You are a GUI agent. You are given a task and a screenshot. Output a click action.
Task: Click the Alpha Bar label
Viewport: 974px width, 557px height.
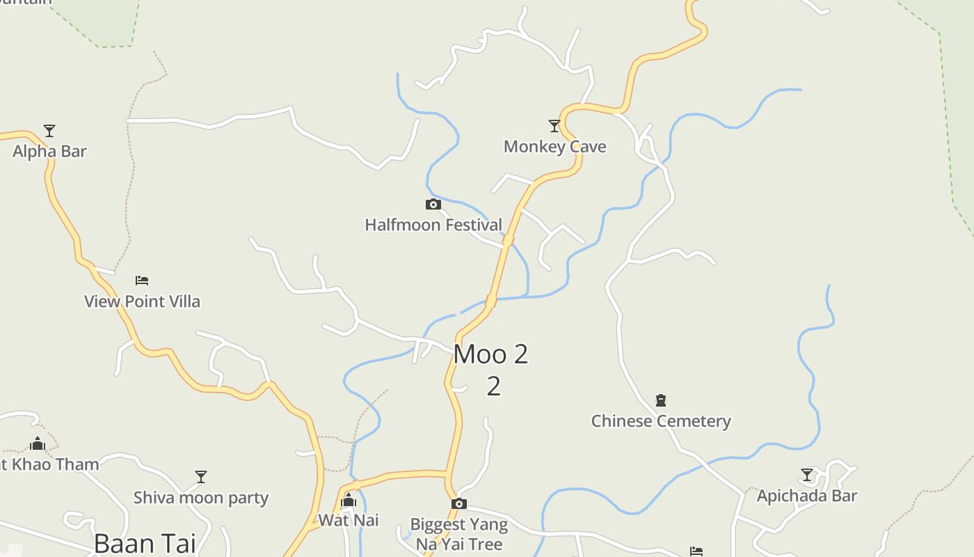click(49, 151)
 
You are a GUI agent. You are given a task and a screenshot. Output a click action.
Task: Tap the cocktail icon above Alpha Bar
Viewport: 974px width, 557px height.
click(49, 131)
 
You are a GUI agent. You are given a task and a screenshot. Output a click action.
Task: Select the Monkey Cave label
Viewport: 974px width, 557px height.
click(554, 147)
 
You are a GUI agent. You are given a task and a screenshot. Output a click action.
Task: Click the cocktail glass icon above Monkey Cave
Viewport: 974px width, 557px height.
click(554, 126)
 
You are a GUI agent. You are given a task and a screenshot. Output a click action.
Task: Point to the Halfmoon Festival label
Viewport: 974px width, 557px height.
click(433, 225)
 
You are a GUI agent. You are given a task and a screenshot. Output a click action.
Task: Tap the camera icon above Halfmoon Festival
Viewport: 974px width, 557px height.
click(433, 205)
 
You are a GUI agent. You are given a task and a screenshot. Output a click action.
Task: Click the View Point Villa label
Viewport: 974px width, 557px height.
click(142, 301)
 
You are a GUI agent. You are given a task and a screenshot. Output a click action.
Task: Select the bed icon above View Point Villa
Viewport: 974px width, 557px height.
click(142, 281)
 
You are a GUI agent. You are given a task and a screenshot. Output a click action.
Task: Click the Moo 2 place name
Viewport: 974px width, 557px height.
click(491, 354)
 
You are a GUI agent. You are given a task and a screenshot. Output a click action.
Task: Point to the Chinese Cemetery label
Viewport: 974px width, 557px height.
click(661, 421)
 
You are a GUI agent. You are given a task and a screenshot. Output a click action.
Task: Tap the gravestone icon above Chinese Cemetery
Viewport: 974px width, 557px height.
click(661, 400)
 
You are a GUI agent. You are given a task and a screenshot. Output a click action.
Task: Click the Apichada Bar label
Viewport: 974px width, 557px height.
click(807, 496)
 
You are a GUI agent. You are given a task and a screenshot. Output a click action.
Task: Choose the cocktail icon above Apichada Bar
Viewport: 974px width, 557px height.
click(807, 476)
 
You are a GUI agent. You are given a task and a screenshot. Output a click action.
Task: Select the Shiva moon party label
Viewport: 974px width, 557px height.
click(201, 498)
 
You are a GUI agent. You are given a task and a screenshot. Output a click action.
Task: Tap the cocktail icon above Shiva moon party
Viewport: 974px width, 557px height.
click(201, 477)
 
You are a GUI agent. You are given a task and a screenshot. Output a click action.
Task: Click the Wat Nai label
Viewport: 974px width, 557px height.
click(349, 520)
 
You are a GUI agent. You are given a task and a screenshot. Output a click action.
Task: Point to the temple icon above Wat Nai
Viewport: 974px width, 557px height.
click(349, 501)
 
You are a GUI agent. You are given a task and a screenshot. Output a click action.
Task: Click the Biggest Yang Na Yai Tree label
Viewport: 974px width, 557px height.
click(459, 534)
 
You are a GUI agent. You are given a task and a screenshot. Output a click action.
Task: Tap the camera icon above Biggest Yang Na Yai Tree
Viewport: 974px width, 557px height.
click(458, 504)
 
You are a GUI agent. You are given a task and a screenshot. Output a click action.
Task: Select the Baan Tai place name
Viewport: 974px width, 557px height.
click(145, 543)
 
